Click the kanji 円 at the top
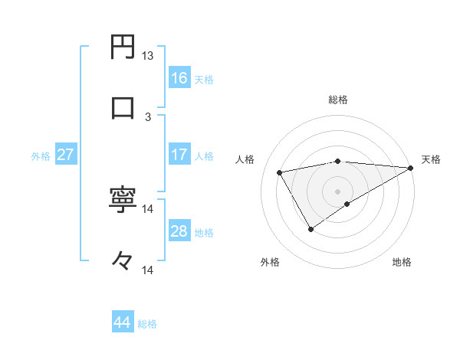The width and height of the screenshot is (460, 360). [x=123, y=47]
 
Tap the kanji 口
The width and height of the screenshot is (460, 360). [x=123, y=107]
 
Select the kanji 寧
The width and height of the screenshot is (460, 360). [x=123, y=201]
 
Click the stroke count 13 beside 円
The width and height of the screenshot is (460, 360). [x=147, y=56]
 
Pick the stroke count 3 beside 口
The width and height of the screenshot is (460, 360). [x=148, y=116]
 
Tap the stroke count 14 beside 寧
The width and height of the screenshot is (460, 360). [x=147, y=208]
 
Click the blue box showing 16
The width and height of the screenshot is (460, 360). [x=179, y=77]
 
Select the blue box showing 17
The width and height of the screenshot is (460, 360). [x=179, y=154]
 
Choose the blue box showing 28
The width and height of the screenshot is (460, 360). [x=179, y=231]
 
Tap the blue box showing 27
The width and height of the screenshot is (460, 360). [x=65, y=155]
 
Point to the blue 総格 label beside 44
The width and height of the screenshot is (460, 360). [x=147, y=324]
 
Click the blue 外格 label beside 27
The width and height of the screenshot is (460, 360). [x=41, y=156]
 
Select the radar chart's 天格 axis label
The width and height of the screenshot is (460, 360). [x=431, y=159]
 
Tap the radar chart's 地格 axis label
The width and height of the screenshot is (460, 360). [x=402, y=262]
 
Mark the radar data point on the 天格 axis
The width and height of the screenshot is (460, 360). [x=410, y=168]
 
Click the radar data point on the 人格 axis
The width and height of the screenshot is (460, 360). [x=280, y=172]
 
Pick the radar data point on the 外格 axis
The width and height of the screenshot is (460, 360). [x=310, y=228]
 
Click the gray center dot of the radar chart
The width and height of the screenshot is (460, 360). [x=338, y=191]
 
